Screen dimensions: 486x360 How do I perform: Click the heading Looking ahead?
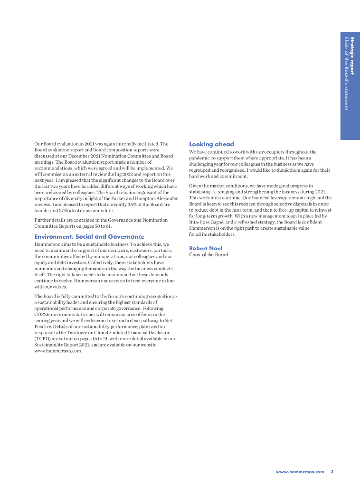[x=211, y=144]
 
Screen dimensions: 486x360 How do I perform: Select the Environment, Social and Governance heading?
[x=89, y=236]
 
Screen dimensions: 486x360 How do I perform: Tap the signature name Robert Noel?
[x=206, y=248]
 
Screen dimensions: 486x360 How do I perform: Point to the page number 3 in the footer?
[x=332, y=472]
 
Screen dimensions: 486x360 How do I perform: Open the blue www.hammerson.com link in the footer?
[x=300, y=472]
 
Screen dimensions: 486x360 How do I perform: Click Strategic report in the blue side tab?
[x=352, y=54]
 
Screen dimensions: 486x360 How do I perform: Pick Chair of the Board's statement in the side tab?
[x=346, y=74]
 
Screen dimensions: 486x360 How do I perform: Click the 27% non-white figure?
[x=57, y=210]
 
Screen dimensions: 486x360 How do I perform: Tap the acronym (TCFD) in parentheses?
[x=44, y=339]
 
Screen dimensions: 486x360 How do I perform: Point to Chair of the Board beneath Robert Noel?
[x=208, y=255]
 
